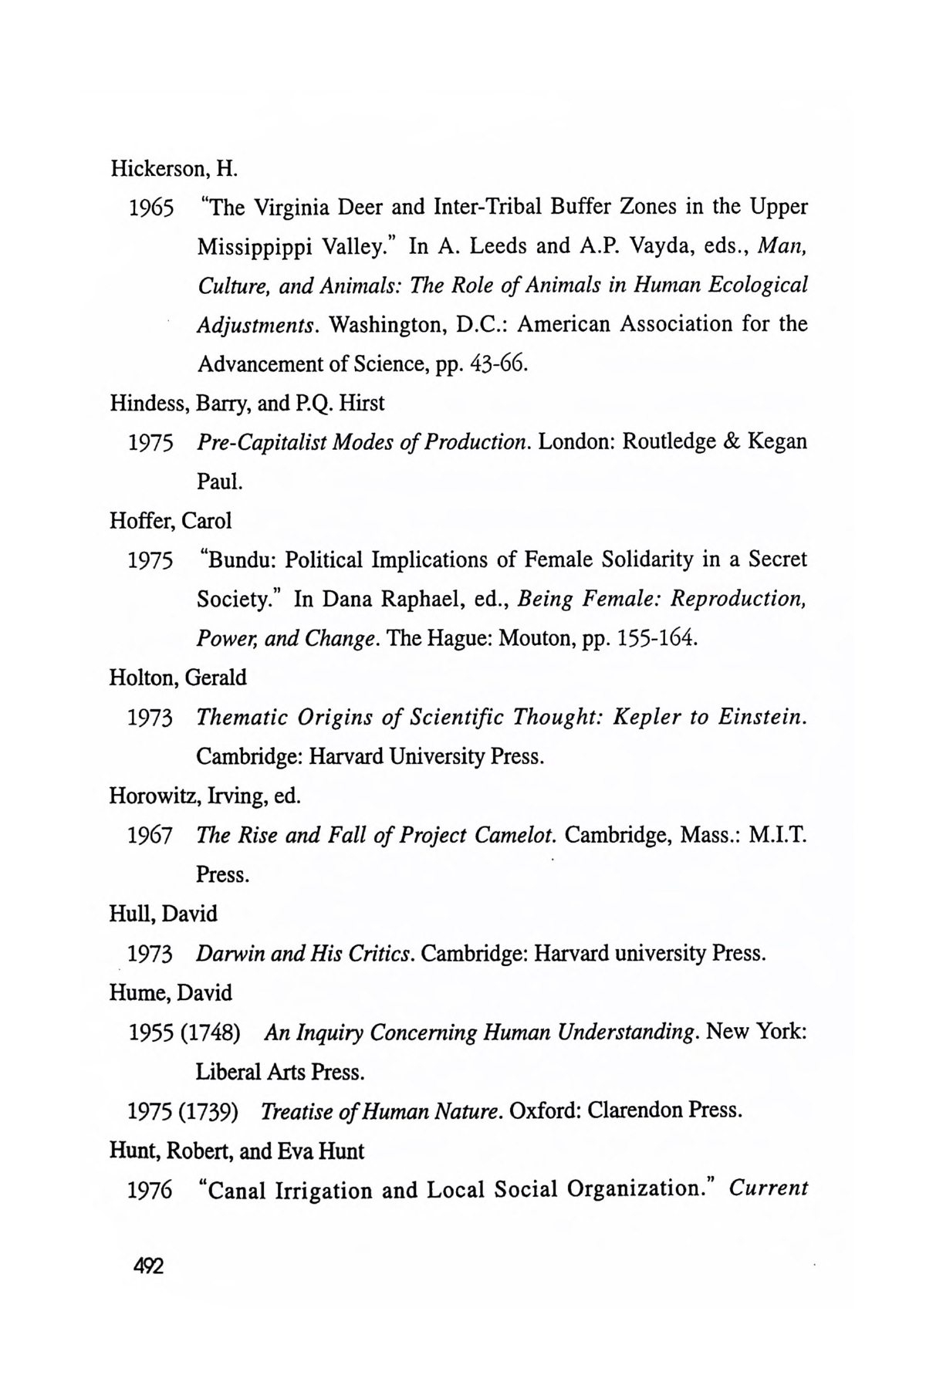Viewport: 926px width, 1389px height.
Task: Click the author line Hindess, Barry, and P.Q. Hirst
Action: click(247, 402)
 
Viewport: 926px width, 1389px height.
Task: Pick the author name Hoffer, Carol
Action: click(171, 520)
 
